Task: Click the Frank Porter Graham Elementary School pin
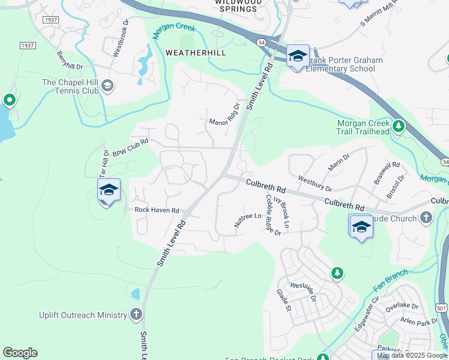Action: [297, 56]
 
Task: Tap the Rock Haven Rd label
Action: [157, 210]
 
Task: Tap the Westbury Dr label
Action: [315, 182]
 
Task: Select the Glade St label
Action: [283, 301]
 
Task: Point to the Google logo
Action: [20, 353]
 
